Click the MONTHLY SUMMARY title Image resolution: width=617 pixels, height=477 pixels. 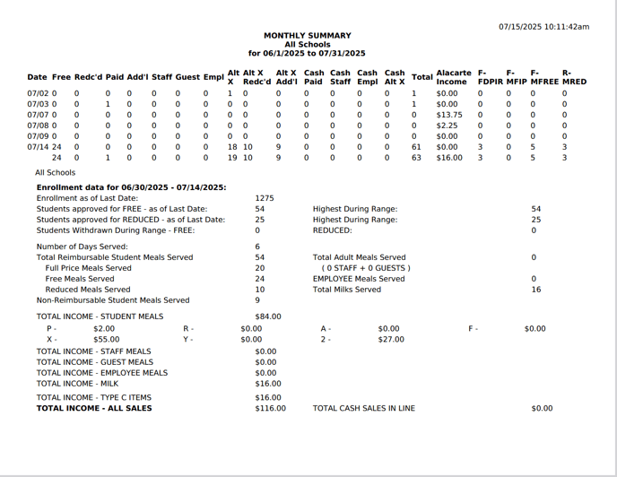(306, 36)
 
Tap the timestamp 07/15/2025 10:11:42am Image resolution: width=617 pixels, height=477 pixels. (543, 27)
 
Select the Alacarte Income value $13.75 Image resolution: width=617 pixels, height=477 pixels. (448, 115)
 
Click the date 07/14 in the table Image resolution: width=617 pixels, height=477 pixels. (38, 147)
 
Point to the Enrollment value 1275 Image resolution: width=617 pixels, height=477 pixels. (264, 198)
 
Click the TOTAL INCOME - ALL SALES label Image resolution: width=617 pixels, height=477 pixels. (94, 408)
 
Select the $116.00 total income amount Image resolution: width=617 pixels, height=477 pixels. (270, 408)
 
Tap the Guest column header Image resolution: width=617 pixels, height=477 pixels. (187, 77)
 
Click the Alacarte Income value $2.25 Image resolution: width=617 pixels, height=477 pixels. (447, 126)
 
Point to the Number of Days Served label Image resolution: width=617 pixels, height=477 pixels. (82, 247)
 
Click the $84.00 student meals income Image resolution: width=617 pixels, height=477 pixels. (267, 317)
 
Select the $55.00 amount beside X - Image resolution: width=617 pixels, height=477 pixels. (106, 340)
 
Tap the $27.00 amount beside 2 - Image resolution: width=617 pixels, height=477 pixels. (390, 340)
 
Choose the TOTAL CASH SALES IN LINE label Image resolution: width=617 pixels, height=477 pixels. (363, 408)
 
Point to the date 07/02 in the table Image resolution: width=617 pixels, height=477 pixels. (38, 93)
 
